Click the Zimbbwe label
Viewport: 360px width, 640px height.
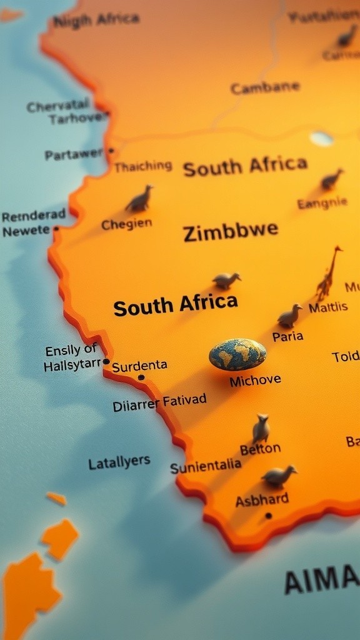click(231, 231)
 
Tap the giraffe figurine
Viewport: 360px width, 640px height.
click(329, 274)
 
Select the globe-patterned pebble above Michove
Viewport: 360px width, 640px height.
click(237, 354)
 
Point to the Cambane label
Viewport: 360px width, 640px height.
click(265, 87)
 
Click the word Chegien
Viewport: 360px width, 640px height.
click(126, 224)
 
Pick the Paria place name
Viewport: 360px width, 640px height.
click(287, 336)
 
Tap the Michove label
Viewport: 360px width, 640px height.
click(255, 380)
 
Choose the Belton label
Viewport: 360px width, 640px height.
click(260, 449)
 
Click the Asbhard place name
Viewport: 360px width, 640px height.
click(262, 499)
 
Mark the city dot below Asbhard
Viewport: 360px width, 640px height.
click(268, 516)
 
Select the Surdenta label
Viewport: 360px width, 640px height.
click(139, 365)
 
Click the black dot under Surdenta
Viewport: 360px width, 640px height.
click(141, 377)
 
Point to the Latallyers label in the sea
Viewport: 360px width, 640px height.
click(119, 462)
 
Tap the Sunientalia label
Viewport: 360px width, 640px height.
click(206, 466)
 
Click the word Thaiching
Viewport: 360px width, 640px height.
click(142, 166)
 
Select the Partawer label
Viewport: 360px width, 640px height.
click(74, 154)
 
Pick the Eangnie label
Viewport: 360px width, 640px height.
click(322, 203)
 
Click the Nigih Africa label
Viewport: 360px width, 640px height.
click(96, 20)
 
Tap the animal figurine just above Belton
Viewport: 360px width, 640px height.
click(261, 429)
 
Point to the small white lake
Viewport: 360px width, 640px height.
click(321, 138)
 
